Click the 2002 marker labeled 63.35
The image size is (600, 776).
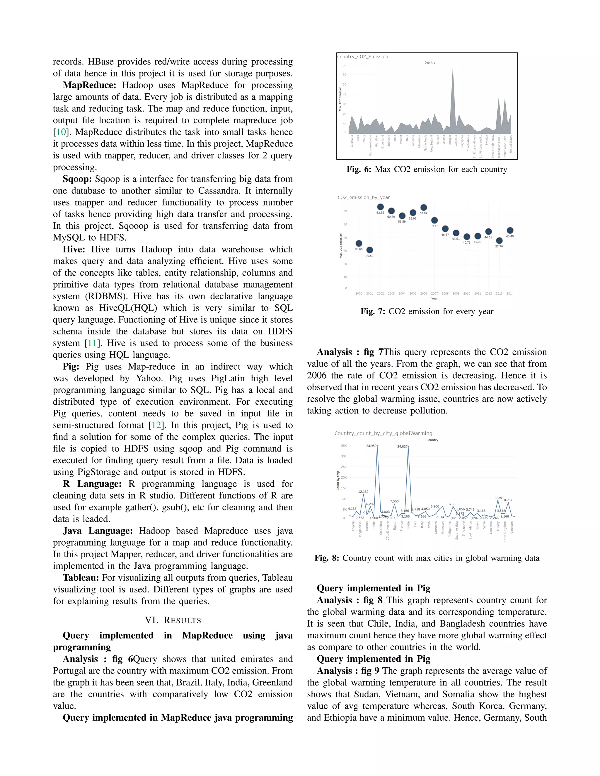click(x=380, y=207)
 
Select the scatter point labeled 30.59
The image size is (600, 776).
click(x=370, y=250)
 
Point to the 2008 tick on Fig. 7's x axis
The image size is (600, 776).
click(x=445, y=293)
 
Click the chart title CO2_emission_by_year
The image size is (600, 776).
click(x=364, y=198)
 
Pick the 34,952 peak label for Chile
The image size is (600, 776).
click(x=371, y=446)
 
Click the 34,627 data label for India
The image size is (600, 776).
click(x=402, y=446)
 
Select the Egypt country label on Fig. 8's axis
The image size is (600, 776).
click(x=395, y=526)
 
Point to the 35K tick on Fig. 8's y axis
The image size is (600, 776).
click(x=344, y=446)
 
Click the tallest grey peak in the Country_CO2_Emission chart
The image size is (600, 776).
click(x=452, y=69)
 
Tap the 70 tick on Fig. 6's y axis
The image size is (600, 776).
click(x=345, y=66)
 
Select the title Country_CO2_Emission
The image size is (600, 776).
click(x=363, y=57)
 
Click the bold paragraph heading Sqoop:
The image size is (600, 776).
click(x=77, y=179)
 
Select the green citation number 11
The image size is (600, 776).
click(x=92, y=343)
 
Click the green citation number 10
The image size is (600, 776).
click(x=61, y=132)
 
